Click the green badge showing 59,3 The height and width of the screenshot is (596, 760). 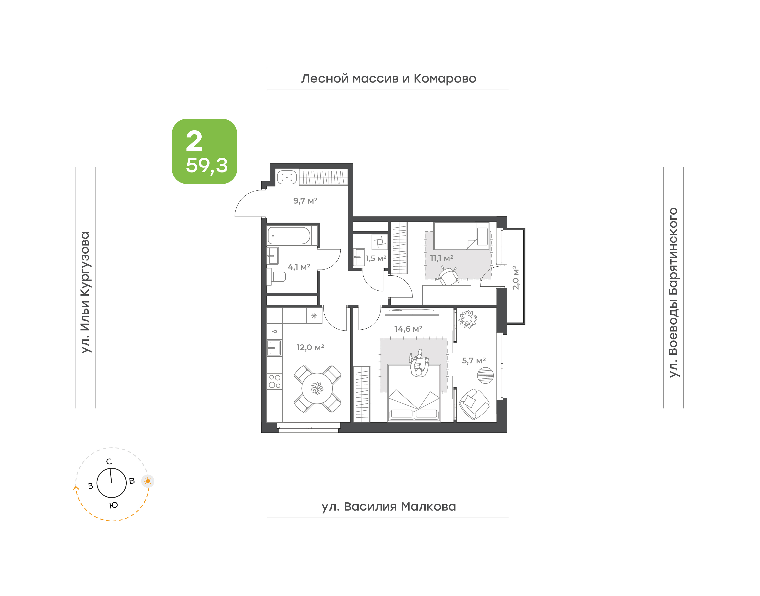click(204, 151)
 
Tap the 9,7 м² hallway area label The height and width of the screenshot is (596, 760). click(305, 201)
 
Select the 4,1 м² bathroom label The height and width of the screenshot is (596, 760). click(299, 267)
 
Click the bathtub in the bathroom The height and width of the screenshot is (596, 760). click(289, 235)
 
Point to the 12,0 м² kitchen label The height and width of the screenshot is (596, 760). click(310, 347)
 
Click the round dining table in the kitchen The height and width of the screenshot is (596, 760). click(317, 388)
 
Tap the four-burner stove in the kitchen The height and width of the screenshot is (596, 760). click(274, 381)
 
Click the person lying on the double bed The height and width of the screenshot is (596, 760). click(419, 364)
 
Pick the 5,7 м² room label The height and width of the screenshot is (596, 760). click(474, 361)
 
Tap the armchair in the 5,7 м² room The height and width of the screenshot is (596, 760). click(474, 404)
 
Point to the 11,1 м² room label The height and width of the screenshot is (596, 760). click(441, 258)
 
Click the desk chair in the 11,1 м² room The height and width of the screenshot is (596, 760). click(448, 276)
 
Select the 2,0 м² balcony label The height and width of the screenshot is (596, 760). click(515, 277)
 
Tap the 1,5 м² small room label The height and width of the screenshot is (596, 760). click(376, 258)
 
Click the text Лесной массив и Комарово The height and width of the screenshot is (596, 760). click(388, 79)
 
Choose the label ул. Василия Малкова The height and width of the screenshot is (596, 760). click(388, 507)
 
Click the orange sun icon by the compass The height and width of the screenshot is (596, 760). click(148, 481)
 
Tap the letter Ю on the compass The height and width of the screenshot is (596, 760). click(113, 505)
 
